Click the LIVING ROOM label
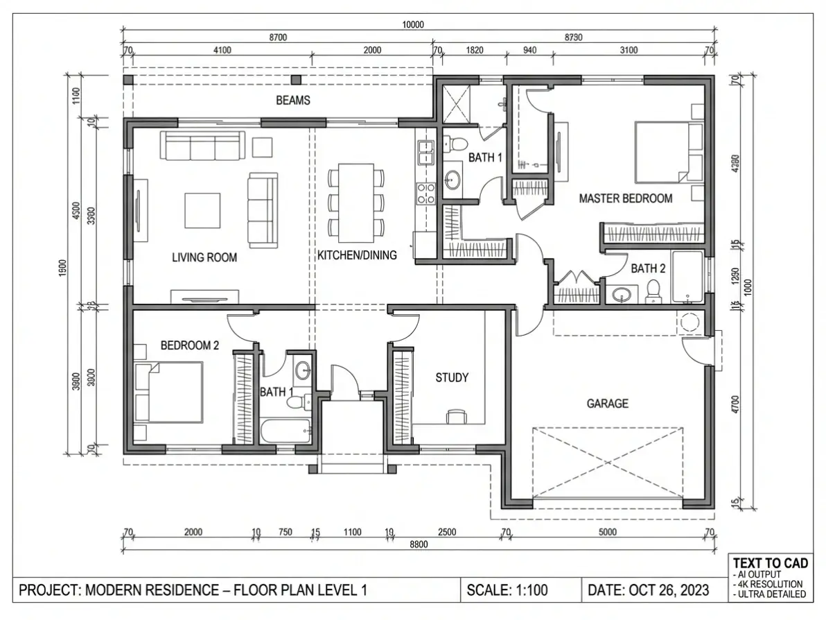tap(204, 258)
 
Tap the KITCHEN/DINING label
tap(357, 255)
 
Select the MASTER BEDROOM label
tap(626, 199)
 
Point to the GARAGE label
tap(608, 404)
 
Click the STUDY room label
tap(452, 377)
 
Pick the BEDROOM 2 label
tap(190, 346)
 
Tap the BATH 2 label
tap(648, 268)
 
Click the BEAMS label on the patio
tap(293, 100)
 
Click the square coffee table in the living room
tap(202, 210)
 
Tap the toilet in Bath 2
tap(653, 291)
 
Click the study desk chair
tap(456, 417)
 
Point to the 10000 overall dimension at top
tap(413, 24)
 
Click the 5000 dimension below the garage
tap(608, 532)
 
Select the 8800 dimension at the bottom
tap(419, 544)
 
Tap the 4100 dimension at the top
tap(222, 50)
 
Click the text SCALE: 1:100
tap(507, 590)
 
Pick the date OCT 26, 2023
tap(669, 590)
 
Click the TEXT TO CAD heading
tap(770, 563)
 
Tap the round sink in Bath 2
tap(622, 295)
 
